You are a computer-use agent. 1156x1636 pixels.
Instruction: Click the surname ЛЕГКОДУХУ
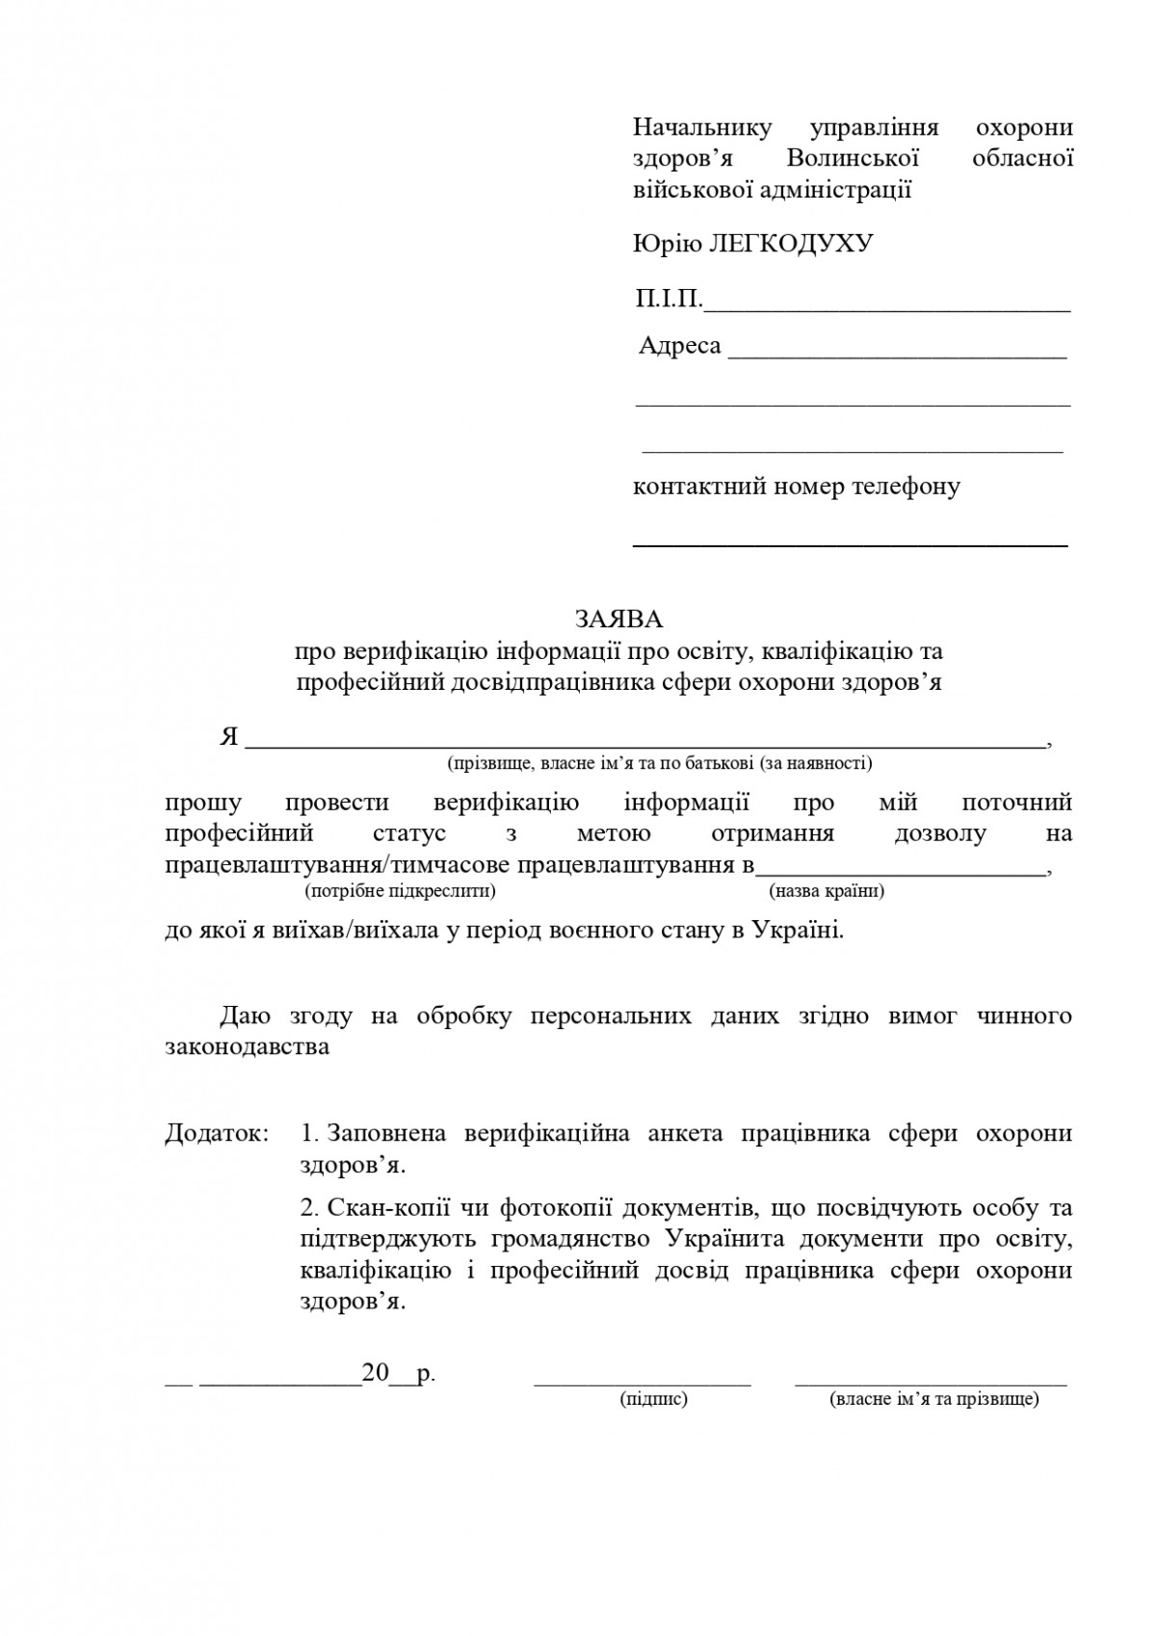pyautogui.click(x=791, y=243)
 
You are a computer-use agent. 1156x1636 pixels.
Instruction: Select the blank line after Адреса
pyautogui.click(x=897, y=356)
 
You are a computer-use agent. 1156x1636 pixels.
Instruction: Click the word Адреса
pyautogui.click(x=680, y=345)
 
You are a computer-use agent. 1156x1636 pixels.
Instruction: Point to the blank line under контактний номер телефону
pyautogui.click(x=850, y=545)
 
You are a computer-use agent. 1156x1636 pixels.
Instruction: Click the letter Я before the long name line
pyautogui.click(x=229, y=737)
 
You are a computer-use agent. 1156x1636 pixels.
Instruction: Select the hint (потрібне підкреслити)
pyautogui.click(x=400, y=890)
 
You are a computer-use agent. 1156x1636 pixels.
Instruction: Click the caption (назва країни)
pyautogui.click(x=827, y=890)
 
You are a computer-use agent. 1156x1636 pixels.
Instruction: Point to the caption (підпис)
pyautogui.click(x=653, y=1399)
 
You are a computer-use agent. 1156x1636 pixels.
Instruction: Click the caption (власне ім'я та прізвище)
pyautogui.click(x=933, y=1399)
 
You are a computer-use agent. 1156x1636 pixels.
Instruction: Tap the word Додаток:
pyautogui.click(x=218, y=1133)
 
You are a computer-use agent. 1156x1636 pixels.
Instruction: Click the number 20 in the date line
pyautogui.click(x=375, y=1373)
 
